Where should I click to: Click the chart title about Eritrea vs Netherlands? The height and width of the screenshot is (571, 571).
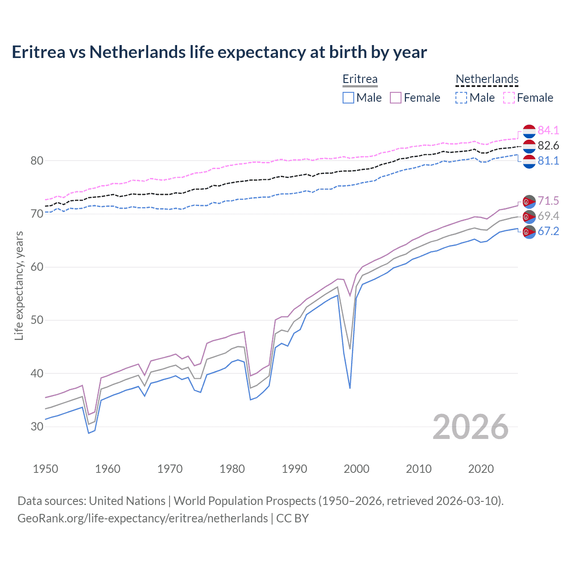tap(219, 52)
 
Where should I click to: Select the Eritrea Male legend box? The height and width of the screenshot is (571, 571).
tap(348, 98)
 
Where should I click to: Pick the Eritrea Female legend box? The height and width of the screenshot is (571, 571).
tap(396, 98)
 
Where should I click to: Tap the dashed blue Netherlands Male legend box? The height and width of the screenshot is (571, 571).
tap(461, 98)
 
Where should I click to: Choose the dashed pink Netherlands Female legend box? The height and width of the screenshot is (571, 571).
tap(509, 98)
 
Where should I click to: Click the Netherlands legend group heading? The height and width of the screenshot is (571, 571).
tap(487, 79)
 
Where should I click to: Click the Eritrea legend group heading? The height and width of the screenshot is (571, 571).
tap(360, 79)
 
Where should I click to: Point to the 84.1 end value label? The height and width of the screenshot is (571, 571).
tap(548, 130)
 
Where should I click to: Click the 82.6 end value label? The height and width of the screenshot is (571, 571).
tap(548, 145)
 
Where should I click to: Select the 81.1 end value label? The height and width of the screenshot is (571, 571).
tap(548, 161)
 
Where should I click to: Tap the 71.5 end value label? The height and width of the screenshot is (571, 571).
tap(548, 201)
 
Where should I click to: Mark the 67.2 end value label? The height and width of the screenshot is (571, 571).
tap(548, 231)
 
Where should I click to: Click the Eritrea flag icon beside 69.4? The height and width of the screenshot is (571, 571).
tap(529, 217)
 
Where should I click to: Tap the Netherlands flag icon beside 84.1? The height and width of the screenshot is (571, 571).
tap(529, 131)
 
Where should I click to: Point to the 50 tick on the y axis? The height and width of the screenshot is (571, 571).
tap(37, 320)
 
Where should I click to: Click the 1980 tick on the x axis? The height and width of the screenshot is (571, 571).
tap(232, 469)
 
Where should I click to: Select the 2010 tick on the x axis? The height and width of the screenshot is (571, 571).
tap(418, 469)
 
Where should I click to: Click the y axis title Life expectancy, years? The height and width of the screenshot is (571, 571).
tap(19, 285)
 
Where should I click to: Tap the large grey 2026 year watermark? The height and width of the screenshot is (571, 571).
tap(470, 427)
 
